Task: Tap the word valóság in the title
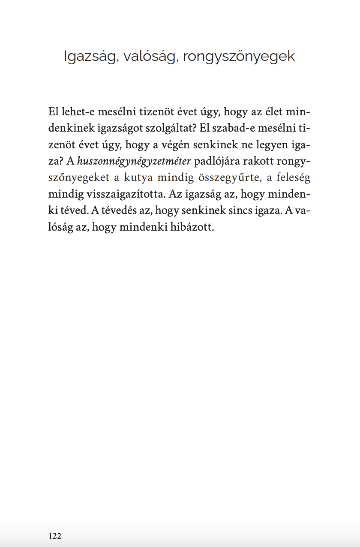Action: [x=150, y=57]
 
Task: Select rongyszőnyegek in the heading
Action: [x=239, y=57]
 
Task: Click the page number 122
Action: [x=55, y=536]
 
